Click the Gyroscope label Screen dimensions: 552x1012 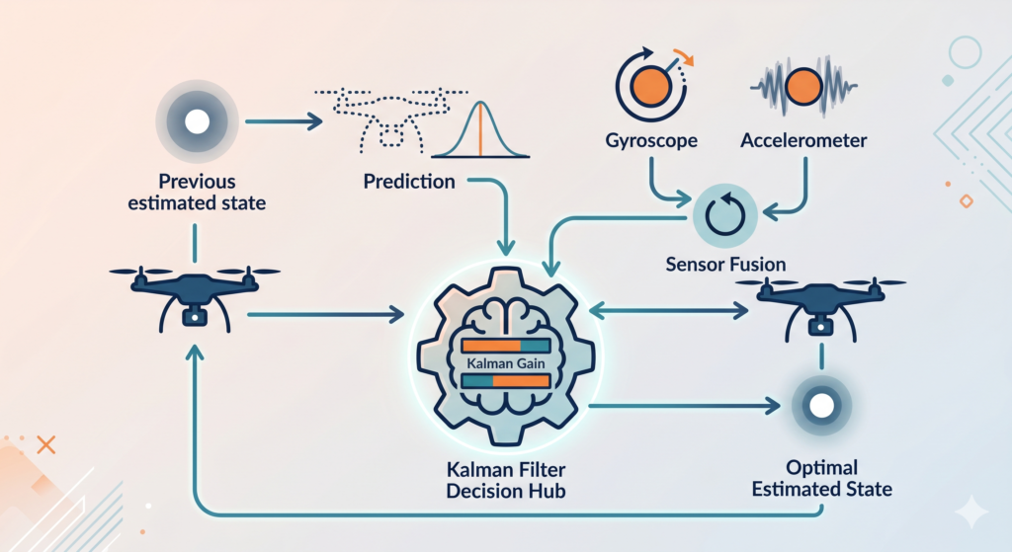[x=651, y=140]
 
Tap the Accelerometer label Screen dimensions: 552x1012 [x=803, y=140]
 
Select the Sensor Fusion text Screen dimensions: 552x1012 [x=724, y=265]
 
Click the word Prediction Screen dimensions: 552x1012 [x=409, y=182]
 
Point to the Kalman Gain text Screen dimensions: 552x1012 [x=505, y=364]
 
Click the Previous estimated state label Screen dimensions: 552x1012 [x=197, y=194]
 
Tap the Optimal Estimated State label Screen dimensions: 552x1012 [x=821, y=478]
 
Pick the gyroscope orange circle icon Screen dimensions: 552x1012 [x=645, y=84]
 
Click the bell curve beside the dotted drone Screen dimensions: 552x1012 [x=478, y=128]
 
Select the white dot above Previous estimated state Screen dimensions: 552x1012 [x=197, y=121]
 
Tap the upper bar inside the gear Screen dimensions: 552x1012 [x=505, y=346]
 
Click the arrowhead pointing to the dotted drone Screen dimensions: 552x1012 [x=317, y=121]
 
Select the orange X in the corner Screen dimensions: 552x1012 [x=44, y=445]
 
